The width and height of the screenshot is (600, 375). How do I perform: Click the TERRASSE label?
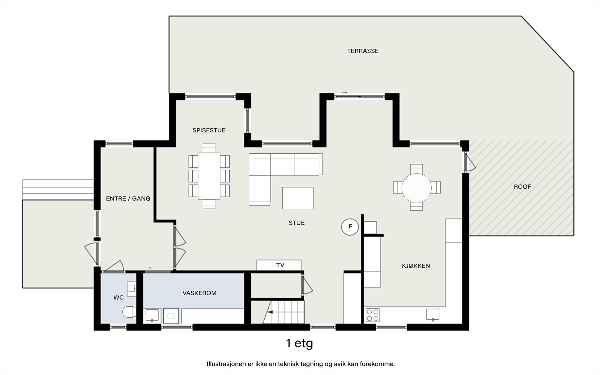[363, 51]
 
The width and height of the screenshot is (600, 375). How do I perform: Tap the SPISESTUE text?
[209, 130]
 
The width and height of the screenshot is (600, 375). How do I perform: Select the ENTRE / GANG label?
[128, 198]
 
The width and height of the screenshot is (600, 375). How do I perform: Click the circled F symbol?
[350, 226]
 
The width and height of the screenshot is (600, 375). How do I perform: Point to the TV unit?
[279, 265]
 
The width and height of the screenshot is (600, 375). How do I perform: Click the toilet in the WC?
[129, 312]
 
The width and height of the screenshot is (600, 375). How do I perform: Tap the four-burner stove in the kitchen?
[373, 315]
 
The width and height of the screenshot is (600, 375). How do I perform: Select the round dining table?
[417, 188]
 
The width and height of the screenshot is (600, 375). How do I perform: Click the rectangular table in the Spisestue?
[209, 176]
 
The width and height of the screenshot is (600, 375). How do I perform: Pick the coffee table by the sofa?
[298, 198]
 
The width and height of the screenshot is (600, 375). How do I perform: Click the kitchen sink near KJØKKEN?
[433, 315]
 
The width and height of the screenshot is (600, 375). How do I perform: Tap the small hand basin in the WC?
[131, 289]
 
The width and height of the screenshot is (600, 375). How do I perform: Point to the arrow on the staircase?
[270, 312]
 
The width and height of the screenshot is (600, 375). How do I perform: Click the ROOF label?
[522, 187]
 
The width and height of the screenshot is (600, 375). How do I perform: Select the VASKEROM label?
[199, 293]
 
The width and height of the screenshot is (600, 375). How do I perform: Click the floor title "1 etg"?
[300, 343]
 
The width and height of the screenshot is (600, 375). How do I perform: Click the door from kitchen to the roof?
[469, 162]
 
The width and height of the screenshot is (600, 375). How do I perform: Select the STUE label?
[297, 223]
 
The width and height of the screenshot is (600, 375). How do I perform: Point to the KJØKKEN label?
[416, 266]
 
